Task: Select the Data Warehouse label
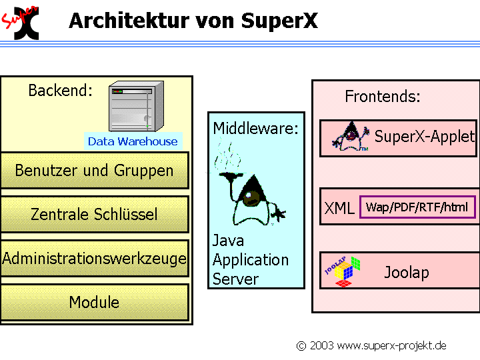[133, 141]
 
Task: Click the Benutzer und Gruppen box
[94, 171]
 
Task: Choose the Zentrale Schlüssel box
[94, 214]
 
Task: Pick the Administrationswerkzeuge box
[94, 258]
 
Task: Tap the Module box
[94, 302]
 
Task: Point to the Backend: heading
[61, 91]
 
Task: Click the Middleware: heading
[256, 128]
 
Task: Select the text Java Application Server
[250, 260]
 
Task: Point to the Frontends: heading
[383, 97]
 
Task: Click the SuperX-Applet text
[425, 137]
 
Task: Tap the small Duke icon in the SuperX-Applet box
[351, 138]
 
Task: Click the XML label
[339, 209]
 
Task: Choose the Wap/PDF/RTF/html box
[417, 207]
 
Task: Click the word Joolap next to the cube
[407, 272]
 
